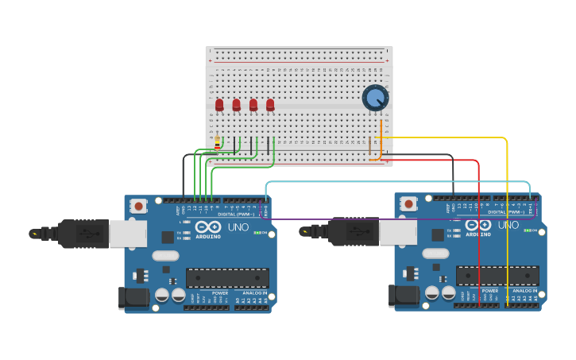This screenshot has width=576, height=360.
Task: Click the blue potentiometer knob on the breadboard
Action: [x=374, y=98]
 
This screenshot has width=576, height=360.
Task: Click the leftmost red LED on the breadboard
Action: [x=219, y=104]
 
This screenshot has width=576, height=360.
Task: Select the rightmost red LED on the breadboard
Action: [x=270, y=104]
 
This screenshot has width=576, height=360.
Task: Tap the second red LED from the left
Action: [x=236, y=104]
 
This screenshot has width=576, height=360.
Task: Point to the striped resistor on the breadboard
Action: [x=217, y=143]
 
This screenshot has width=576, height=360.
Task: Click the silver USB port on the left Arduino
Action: [x=127, y=234]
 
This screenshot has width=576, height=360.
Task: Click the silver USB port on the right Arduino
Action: [x=397, y=231]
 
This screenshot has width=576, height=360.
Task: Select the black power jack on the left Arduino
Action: [x=132, y=297]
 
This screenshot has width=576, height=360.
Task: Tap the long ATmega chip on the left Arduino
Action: [x=227, y=277]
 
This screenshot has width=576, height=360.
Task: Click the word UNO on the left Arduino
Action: [x=238, y=226]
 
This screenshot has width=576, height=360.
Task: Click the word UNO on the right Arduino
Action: [x=508, y=225]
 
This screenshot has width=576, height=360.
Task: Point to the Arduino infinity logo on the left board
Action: [x=209, y=226]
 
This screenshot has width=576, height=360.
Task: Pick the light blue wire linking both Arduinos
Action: [x=397, y=182]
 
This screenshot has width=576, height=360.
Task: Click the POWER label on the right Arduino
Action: [x=490, y=291]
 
